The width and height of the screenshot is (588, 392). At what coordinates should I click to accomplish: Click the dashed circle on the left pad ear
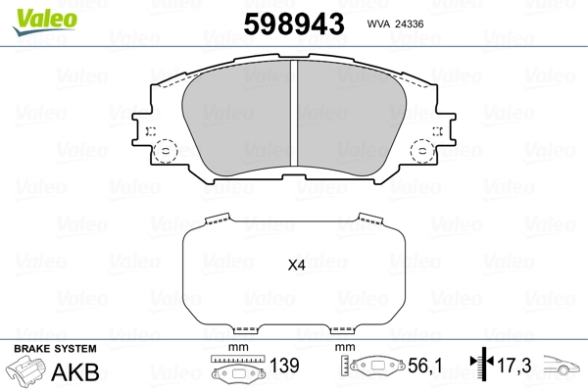166,151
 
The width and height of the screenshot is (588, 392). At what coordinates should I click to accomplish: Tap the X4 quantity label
296,265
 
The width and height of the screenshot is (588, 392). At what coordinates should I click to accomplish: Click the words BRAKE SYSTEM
54,349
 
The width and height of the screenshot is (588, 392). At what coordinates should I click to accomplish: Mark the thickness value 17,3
514,366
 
